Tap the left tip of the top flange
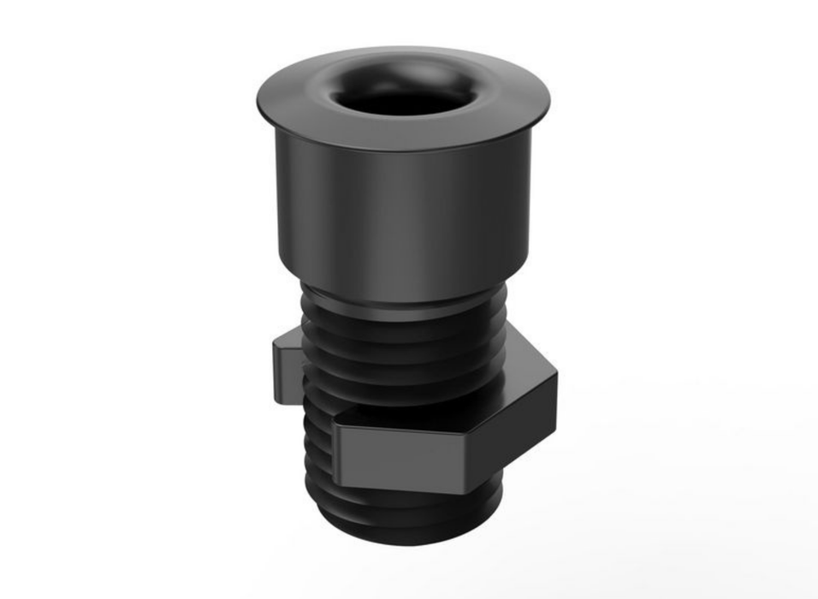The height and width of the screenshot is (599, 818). (x=259, y=99)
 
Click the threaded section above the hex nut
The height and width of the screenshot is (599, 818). (x=402, y=359)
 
